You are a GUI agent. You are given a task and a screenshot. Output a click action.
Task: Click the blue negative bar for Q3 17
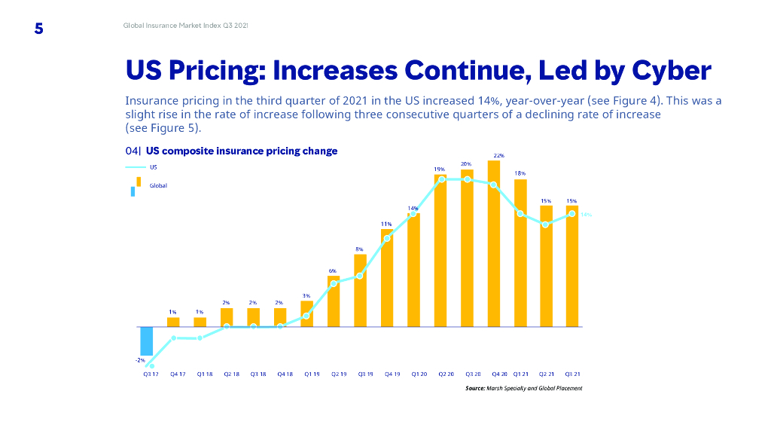click(147, 341)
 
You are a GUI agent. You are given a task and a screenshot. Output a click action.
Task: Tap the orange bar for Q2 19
click(334, 301)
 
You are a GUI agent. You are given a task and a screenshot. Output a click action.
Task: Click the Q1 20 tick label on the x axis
click(419, 374)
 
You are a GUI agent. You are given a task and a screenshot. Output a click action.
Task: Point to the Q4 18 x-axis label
click(285, 374)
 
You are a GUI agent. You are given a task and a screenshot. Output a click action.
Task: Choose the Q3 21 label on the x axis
click(572, 374)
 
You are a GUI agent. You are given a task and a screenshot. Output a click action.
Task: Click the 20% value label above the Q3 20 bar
click(466, 164)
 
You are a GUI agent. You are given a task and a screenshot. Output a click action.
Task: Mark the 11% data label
click(385, 224)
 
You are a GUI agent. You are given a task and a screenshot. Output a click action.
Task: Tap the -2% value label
click(141, 361)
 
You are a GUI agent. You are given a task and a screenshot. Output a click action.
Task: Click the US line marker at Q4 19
click(387, 238)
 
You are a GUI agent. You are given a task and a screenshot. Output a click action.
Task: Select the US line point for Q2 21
click(546, 225)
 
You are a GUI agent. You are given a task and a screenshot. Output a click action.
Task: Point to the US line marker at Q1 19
click(306, 316)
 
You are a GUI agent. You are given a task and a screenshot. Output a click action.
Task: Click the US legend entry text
click(153, 167)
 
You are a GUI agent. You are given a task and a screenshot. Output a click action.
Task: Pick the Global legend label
click(158, 185)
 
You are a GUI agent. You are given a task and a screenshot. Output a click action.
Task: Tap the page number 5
click(39, 29)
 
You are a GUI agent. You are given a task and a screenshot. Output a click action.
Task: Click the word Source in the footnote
click(475, 388)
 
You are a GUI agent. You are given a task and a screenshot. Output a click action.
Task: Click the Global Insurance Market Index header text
click(185, 26)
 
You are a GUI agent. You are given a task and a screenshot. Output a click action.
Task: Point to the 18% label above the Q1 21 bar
click(520, 173)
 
